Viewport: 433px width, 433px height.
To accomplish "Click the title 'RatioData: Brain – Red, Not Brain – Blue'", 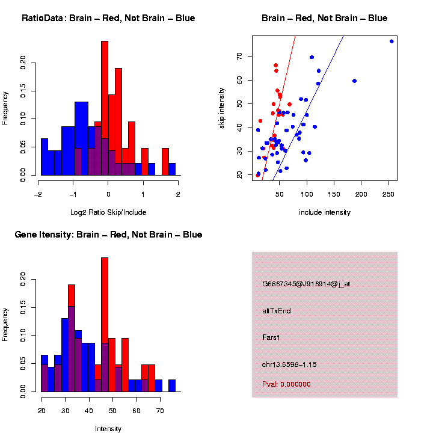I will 108,18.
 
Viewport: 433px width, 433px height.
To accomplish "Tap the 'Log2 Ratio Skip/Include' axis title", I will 108,212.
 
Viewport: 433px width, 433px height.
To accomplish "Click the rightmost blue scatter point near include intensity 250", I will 392,41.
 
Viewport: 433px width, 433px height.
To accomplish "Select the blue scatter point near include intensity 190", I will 354,81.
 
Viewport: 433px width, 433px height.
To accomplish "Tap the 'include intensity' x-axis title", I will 325,212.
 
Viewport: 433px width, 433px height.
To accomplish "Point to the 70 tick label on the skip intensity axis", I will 239,56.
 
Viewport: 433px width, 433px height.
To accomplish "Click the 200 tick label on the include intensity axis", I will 361,194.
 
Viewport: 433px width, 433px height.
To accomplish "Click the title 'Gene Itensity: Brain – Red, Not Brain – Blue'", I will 108,235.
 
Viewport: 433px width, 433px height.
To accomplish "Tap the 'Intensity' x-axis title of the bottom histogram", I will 108,429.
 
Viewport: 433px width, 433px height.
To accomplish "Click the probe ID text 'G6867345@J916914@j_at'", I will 306,284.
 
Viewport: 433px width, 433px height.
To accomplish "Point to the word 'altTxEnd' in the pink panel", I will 277,311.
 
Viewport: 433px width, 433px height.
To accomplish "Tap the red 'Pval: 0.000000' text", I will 286,384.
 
